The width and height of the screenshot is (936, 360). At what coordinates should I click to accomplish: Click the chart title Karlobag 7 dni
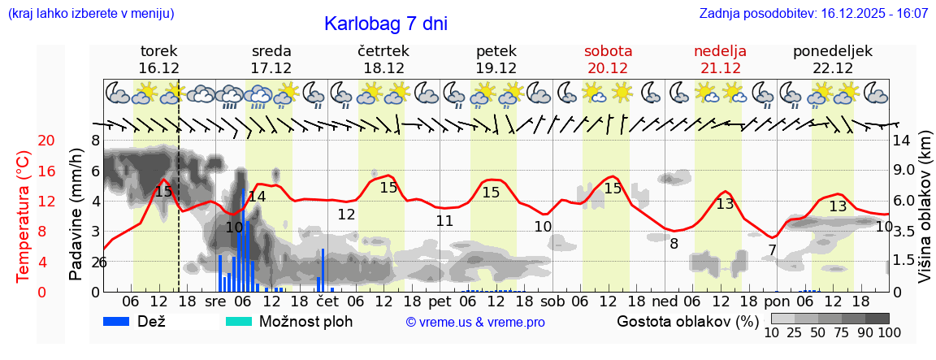point(385,24)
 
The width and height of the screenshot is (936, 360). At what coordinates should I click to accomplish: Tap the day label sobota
point(608,51)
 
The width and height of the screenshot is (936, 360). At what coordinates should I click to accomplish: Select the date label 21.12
point(720,68)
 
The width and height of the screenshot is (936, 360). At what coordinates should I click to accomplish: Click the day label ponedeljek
point(833,51)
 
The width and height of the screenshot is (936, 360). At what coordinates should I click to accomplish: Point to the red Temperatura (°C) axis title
point(24,215)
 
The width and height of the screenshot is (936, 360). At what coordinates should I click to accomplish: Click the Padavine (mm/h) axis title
point(76,215)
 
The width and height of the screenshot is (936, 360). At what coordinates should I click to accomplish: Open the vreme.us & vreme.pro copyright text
point(475,322)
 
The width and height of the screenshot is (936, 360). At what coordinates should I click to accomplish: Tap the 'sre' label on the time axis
point(215,301)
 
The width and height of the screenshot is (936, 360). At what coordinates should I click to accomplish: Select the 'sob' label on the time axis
point(552,301)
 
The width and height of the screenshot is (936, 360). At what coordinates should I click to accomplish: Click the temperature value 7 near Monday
point(772,249)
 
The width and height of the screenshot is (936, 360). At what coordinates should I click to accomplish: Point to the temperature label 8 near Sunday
point(674,242)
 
